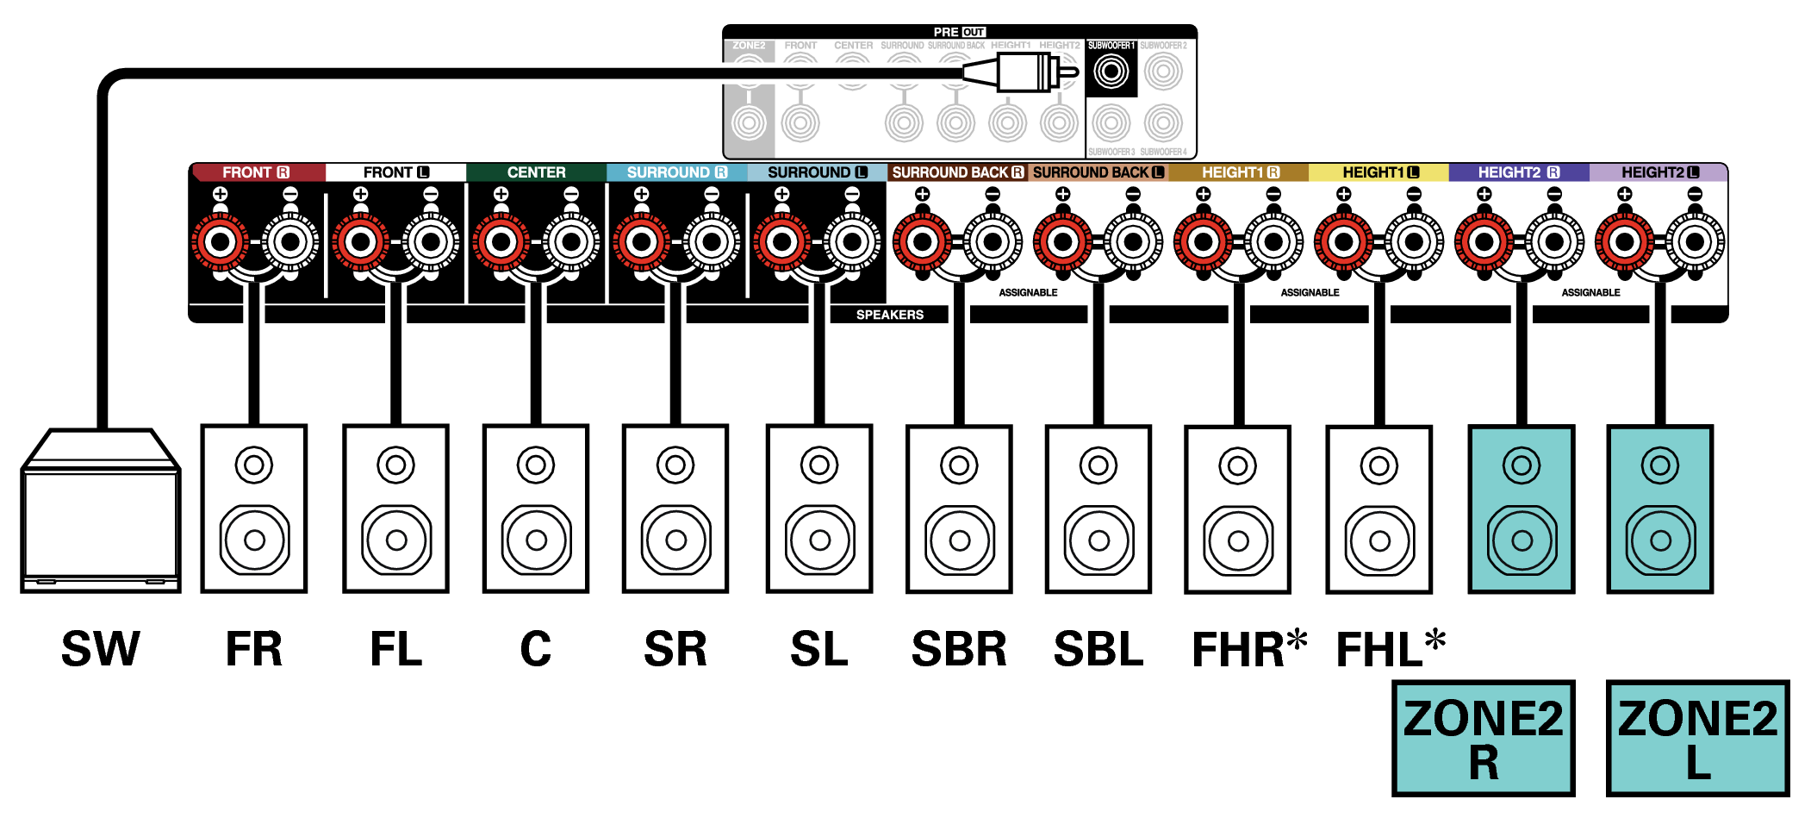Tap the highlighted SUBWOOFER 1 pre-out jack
pos(1111,72)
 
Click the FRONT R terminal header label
pos(256,172)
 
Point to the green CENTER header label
pos(536,172)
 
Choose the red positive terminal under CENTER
pos(501,242)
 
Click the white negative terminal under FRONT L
pos(431,242)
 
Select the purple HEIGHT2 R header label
pos(1518,172)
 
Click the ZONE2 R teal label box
pos(1483,738)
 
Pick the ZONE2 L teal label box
pos(1697,738)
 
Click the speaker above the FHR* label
pos(1238,509)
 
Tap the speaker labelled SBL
pos(1098,509)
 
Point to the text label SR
pos(675,649)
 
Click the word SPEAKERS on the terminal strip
pos(889,315)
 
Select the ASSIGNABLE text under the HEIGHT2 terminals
pos(1590,293)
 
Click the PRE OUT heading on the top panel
pos(959,32)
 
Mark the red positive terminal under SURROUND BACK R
pos(922,242)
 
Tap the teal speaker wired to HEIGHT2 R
pos(1522,509)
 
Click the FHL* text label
pos(1390,649)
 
